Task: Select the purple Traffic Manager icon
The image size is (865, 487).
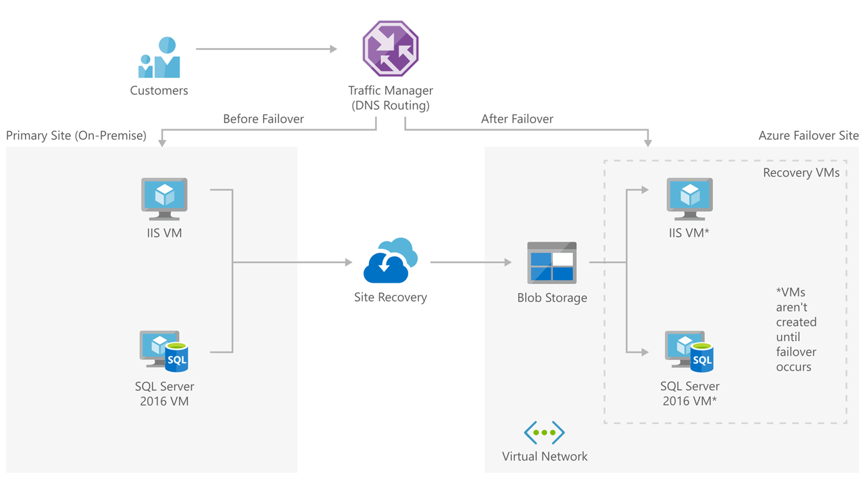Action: point(391,49)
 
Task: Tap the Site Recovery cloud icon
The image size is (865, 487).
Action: point(390,260)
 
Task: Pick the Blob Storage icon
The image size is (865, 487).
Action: point(551,262)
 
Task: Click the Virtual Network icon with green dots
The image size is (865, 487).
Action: point(544,432)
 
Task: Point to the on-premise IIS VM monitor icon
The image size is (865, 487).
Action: point(164,198)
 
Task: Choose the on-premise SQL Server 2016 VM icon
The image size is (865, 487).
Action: point(164,351)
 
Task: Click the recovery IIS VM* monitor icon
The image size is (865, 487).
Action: point(689,198)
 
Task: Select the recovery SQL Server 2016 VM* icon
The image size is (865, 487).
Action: point(689,351)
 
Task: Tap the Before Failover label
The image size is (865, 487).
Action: point(264,119)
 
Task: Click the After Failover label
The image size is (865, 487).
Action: point(517,119)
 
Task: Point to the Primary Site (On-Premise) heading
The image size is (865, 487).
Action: point(76,136)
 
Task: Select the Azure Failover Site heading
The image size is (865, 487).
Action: point(808,136)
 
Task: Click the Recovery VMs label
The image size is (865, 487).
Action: point(801,172)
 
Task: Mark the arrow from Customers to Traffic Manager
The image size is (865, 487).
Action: point(266,49)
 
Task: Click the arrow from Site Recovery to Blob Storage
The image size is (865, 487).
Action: point(470,262)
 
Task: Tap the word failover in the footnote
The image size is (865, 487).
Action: point(796,352)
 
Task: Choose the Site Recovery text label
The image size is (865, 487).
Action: point(391,297)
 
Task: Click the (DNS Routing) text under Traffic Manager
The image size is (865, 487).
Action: point(391,106)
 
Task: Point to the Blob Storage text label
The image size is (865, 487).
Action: point(552,298)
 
